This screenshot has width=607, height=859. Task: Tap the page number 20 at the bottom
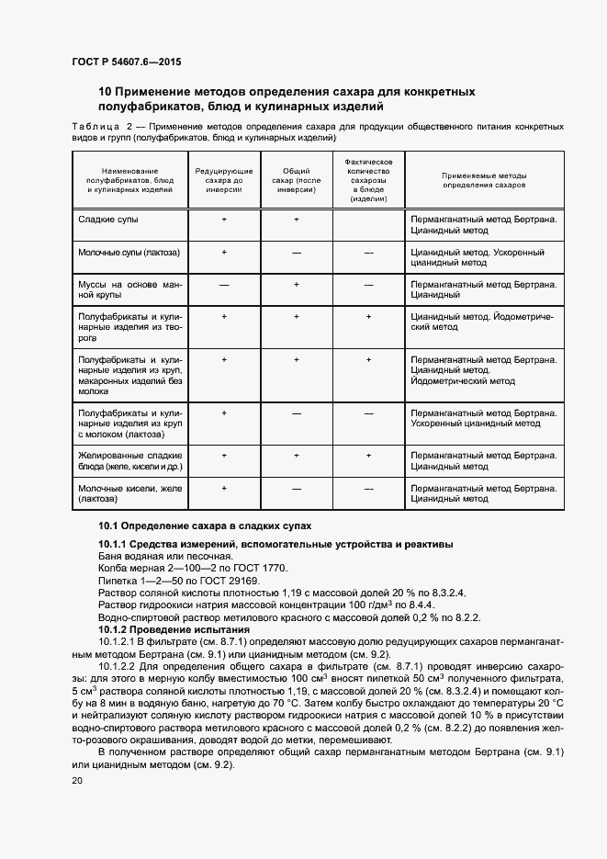(76, 780)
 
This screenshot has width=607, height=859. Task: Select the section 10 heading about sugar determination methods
(287, 99)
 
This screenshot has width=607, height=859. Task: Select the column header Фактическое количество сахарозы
(368, 179)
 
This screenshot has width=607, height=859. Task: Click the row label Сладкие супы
(108, 220)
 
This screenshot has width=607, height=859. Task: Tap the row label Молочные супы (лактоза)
(129, 252)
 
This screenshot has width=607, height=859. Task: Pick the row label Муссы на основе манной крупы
(130, 290)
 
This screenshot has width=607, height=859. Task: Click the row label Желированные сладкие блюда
(130, 460)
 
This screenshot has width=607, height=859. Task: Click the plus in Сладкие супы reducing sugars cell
(224, 220)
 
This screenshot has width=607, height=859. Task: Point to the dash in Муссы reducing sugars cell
(224, 285)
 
